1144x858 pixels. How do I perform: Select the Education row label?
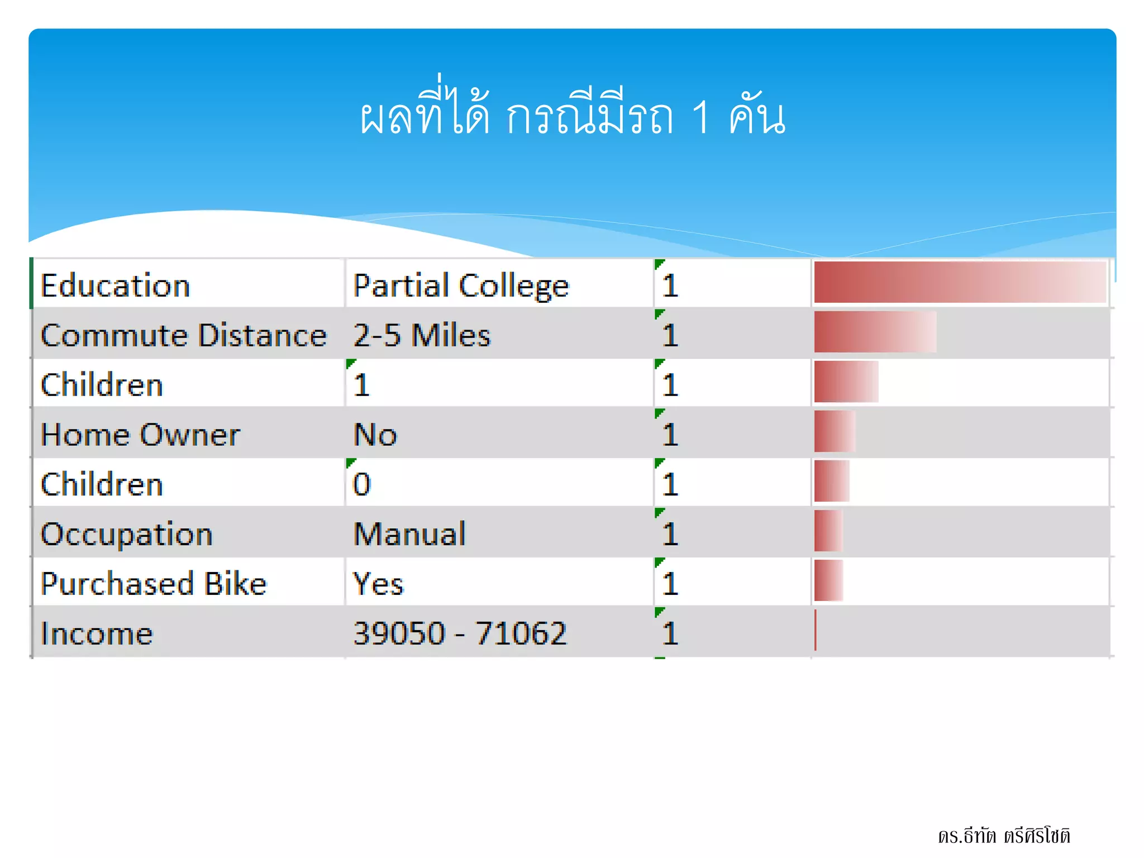click(116, 285)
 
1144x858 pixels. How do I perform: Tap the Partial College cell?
click(461, 285)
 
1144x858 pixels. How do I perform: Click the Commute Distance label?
click(183, 335)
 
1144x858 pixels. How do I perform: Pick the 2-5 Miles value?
click(422, 335)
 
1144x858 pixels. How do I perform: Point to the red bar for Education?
click(960, 282)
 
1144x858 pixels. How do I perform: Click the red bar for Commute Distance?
click(875, 332)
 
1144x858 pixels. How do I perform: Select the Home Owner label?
click(140, 435)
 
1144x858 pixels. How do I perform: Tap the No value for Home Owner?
click(375, 435)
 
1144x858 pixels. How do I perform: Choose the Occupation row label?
click(127, 534)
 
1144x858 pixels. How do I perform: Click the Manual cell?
click(409, 534)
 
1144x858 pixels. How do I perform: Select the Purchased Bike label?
click(154, 584)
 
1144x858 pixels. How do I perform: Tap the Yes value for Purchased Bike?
click(378, 584)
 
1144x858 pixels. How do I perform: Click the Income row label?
click(97, 633)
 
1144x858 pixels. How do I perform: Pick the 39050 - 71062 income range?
click(460, 633)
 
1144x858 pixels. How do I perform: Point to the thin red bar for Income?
click(816, 630)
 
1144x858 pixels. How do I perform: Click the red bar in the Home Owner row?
click(835, 431)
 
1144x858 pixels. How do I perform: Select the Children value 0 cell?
click(362, 484)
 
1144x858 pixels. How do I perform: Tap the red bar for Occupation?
click(828, 531)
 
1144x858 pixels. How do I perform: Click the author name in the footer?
click(1004, 836)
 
